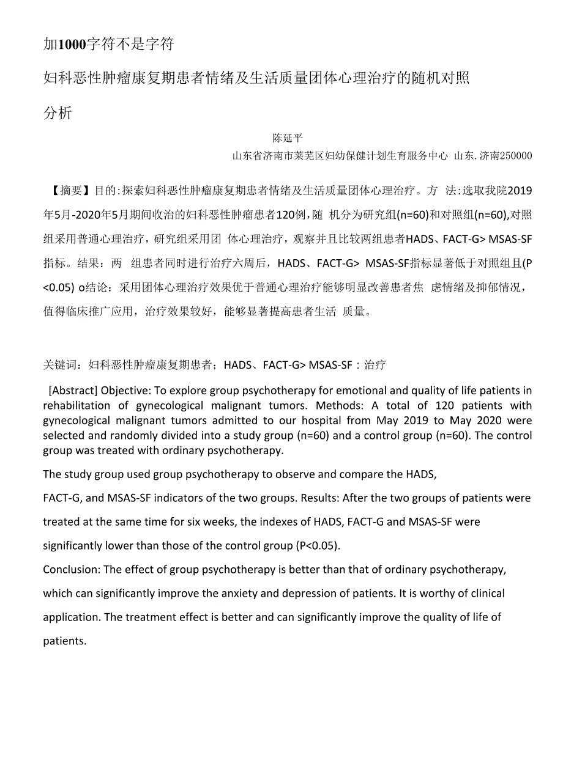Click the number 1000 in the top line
point(72,44)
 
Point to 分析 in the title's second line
point(58,113)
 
